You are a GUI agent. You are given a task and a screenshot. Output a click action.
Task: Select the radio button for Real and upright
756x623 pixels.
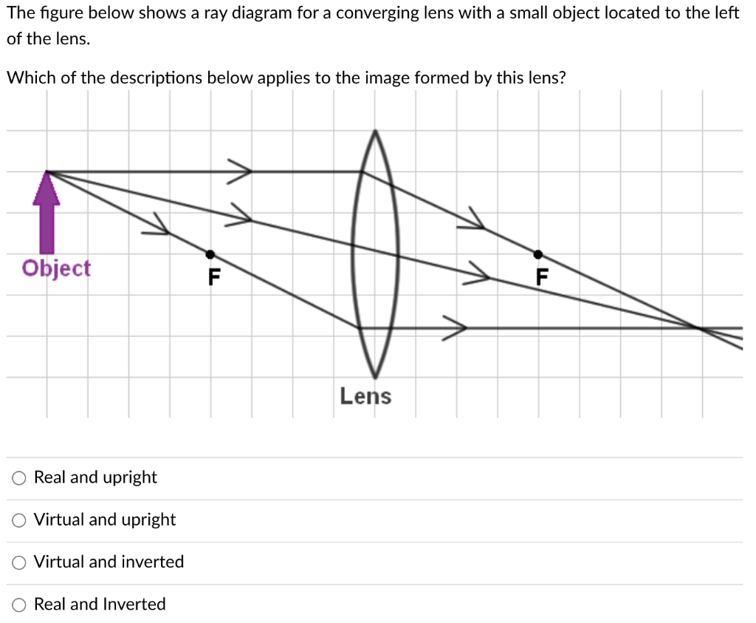[x=18, y=478]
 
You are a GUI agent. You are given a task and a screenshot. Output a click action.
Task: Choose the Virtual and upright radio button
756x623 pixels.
[x=18, y=520]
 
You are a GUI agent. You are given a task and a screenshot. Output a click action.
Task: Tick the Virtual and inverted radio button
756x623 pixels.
[x=18, y=562]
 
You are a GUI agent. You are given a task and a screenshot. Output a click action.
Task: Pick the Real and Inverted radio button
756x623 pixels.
[x=18, y=605]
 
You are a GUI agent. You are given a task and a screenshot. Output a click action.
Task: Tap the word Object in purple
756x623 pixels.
[x=56, y=268]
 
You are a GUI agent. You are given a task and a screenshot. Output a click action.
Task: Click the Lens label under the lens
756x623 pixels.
[x=365, y=396]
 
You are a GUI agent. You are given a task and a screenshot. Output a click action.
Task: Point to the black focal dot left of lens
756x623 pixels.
[x=210, y=254]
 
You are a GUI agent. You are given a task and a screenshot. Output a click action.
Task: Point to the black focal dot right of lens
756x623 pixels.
[x=538, y=254]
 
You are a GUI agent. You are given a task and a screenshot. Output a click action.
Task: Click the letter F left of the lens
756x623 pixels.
[x=214, y=277]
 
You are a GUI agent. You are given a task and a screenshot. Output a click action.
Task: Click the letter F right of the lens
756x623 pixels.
[x=543, y=277]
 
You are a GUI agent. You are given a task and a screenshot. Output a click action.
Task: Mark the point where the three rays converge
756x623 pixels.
[x=698, y=327]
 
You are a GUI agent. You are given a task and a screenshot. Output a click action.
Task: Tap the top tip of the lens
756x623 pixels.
[x=375, y=132]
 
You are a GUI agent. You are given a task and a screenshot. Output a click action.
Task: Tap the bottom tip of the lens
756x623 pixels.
[x=375, y=375]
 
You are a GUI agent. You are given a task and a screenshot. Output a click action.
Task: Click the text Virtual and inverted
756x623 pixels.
[x=109, y=562]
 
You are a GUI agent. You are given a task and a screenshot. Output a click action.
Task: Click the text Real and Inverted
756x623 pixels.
[x=100, y=605]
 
